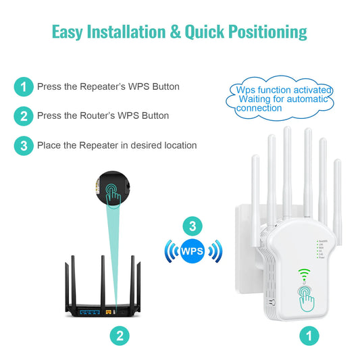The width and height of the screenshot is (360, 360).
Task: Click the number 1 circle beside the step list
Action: [24, 86]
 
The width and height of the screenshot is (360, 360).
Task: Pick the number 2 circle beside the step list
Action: [24, 115]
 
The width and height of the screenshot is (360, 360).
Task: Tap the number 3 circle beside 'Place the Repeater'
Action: [24, 145]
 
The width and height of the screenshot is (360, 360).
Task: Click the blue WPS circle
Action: [192, 252]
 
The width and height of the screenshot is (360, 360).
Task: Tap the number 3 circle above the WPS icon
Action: [192, 226]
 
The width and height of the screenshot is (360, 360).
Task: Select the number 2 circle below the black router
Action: [119, 334]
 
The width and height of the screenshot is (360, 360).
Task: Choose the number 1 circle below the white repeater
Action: [309, 334]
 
